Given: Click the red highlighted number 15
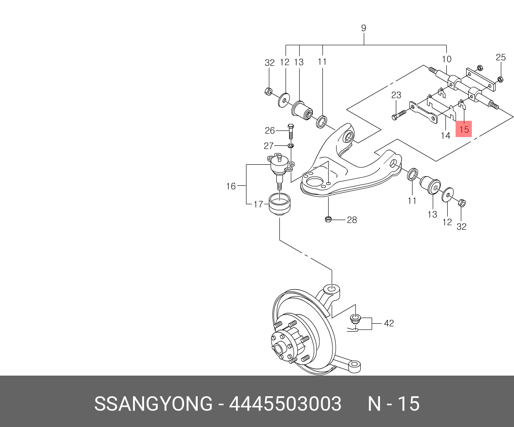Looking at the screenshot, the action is pos(464,129).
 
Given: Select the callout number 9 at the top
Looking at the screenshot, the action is pos(363,28).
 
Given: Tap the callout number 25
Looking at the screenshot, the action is pos(501,57).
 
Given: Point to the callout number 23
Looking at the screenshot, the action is pos(396,95).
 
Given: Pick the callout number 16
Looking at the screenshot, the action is pos(231,186).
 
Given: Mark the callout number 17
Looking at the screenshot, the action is pos(258,204).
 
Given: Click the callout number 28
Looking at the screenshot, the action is pos(352,220).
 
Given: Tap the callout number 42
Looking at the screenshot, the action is pos(389,323).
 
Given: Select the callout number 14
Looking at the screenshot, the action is pos(445,135).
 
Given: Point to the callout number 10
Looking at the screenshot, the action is pos(446,59).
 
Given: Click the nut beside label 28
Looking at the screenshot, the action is pos(328,219).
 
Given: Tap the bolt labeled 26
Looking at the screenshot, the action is pos(290,130).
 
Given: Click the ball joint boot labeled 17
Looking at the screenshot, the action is pos(279,205).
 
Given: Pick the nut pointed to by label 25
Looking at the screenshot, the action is pos(500,79).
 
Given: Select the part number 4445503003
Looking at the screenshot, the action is pos(285,404).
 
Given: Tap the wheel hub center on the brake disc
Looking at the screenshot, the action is pos(278,349).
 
